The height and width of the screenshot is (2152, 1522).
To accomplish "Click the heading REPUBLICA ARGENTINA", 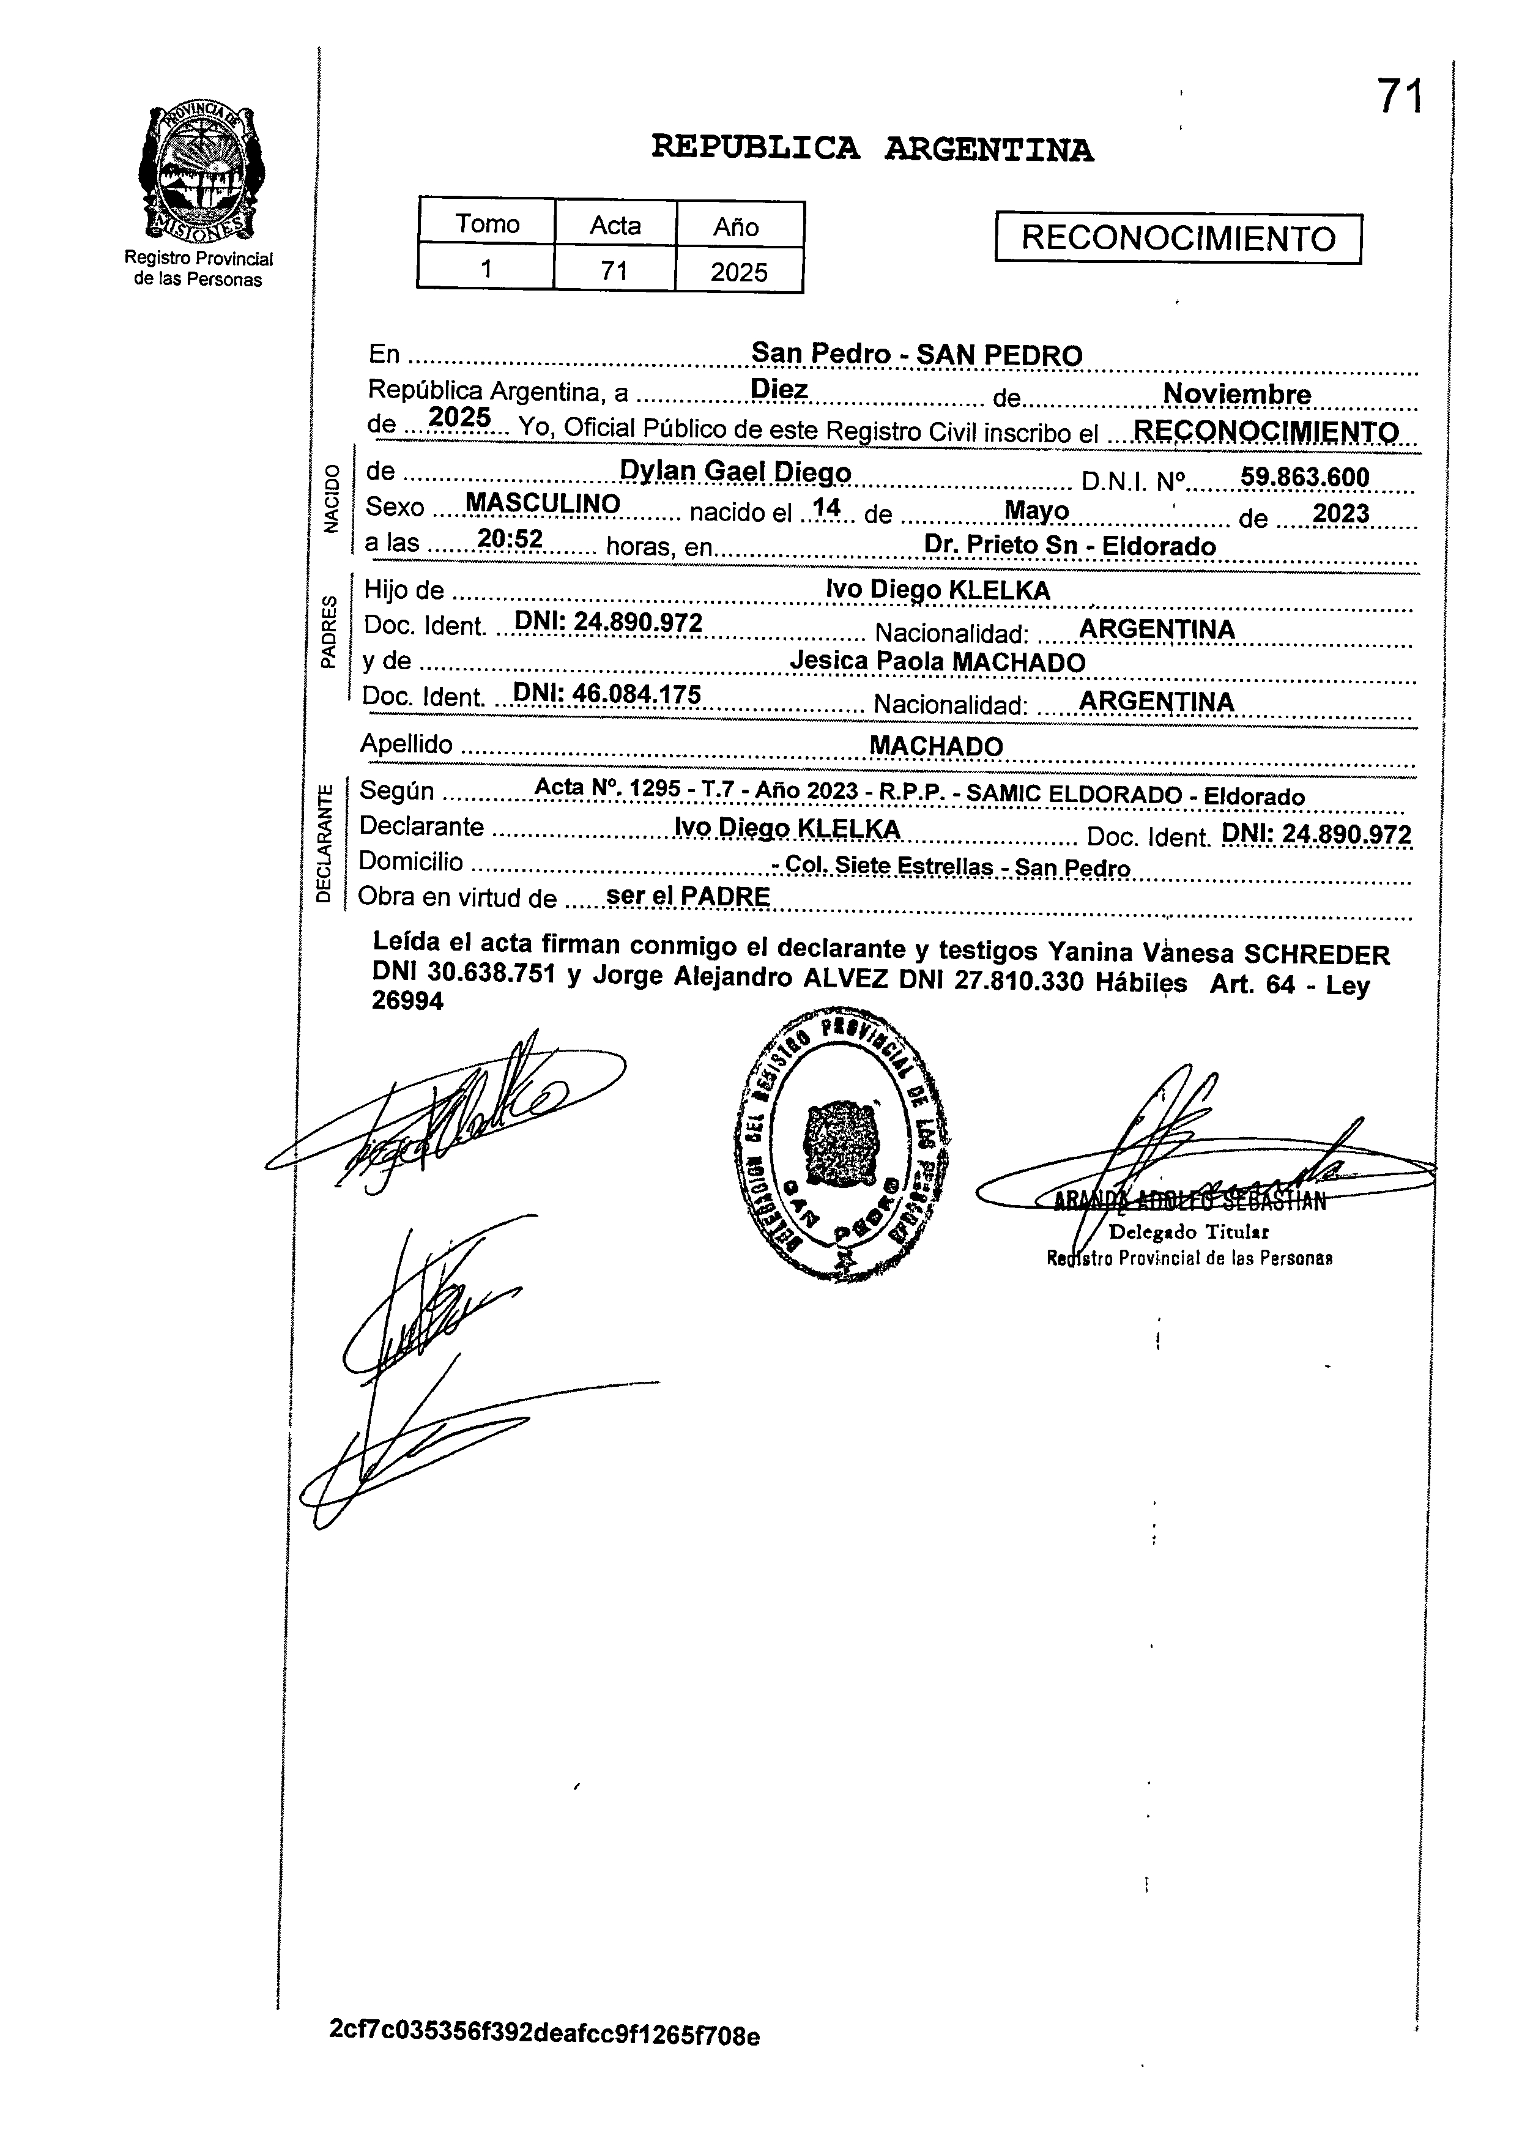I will point(872,148).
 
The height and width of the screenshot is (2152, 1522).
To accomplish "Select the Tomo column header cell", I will point(486,224).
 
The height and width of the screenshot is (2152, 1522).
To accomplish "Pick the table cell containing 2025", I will point(738,272).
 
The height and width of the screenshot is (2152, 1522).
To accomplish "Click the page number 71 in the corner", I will point(1399,97).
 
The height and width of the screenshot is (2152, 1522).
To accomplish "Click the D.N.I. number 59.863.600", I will point(1305,477).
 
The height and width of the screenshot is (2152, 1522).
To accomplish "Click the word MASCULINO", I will point(543,503).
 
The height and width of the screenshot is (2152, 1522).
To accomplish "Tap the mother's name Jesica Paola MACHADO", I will point(937,662).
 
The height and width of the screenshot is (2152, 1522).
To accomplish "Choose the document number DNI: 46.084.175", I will point(607,694).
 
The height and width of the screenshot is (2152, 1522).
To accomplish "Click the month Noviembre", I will point(1236,395).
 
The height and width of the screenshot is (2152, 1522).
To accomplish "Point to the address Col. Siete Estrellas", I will point(889,867).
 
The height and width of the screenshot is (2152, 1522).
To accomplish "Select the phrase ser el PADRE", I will point(688,896).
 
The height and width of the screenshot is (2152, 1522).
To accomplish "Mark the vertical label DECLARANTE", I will point(324,844).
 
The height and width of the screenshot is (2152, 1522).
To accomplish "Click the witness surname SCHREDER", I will point(1316,954).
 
